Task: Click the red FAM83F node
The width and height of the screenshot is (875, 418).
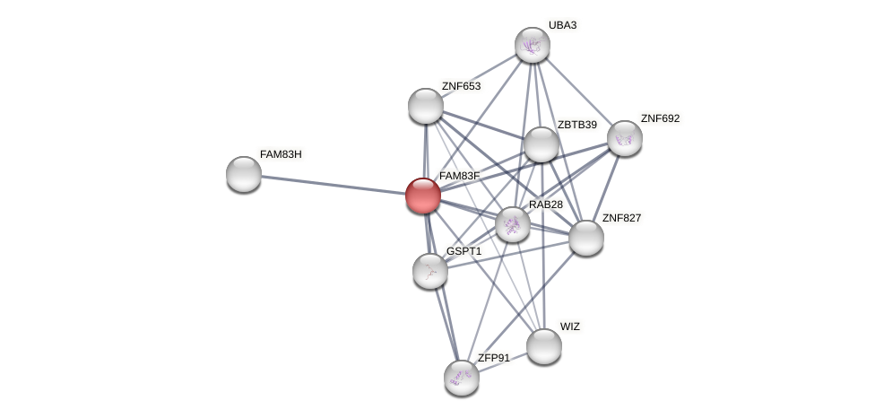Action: [x=423, y=195]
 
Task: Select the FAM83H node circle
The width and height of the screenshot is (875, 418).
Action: [x=244, y=174]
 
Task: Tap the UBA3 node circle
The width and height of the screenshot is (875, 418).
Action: [x=532, y=45]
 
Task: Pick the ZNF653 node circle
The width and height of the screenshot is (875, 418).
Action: [x=426, y=106]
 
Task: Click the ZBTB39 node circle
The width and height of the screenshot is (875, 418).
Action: [x=541, y=144]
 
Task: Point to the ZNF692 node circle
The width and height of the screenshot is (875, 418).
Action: [x=625, y=138]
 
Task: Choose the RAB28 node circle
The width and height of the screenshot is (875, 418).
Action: [x=513, y=224]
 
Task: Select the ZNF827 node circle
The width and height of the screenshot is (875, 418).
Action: [x=586, y=238]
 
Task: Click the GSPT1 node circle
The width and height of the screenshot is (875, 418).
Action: [x=430, y=270]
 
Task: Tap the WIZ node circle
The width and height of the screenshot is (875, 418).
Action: [x=544, y=346]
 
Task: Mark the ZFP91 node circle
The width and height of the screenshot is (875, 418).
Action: [x=462, y=378]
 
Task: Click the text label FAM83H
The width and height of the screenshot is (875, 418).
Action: [x=281, y=154]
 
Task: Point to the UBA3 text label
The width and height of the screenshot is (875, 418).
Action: [x=563, y=25]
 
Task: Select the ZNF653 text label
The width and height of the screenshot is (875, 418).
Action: [x=461, y=86]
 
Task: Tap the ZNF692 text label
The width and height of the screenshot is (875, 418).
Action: [x=660, y=118]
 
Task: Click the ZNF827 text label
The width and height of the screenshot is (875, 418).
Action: [x=621, y=218]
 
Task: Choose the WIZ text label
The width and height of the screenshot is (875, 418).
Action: [x=570, y=327]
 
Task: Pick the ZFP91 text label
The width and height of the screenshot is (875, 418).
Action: [x=493, y=358]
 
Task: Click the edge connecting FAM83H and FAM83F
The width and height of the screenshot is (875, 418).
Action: [x=332, y=184]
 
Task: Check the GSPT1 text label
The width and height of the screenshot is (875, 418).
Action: [x=463, y=251]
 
